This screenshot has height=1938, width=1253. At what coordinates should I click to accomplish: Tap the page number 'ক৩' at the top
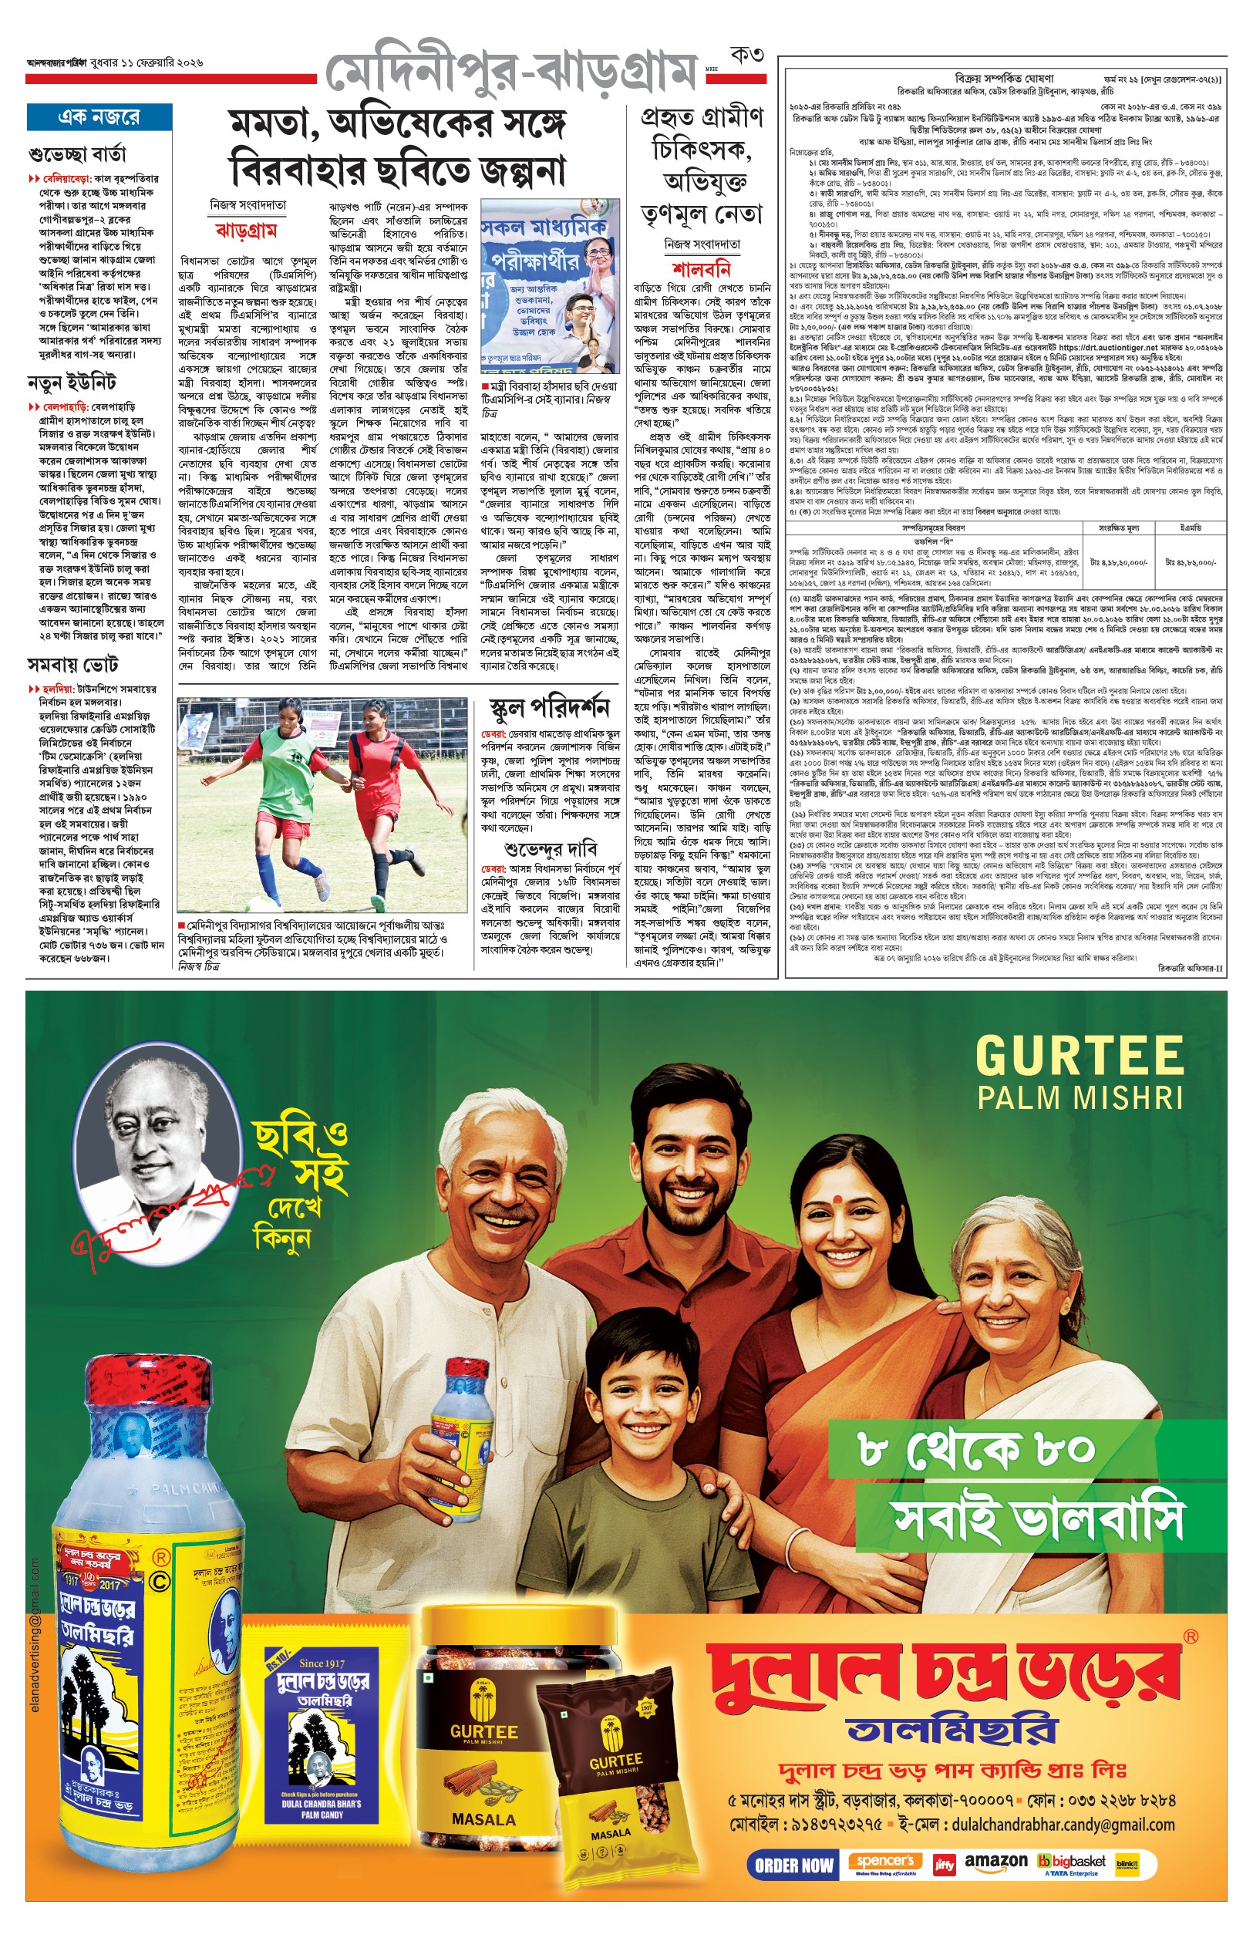[x=746, y=56]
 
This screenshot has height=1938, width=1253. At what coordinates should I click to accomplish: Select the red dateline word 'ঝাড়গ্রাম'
[x=246, y=231]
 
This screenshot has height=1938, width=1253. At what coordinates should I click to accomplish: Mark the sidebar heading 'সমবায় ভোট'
[x=72, y=666]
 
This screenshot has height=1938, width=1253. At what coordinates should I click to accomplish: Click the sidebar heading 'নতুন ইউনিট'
[x=72, y=383]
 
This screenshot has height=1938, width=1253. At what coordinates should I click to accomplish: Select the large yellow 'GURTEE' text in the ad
[x=1079, y=1057]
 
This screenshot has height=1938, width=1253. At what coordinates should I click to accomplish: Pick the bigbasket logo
[x=1072, y=1862]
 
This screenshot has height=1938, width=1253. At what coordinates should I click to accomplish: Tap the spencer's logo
[x=884, y=1862]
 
